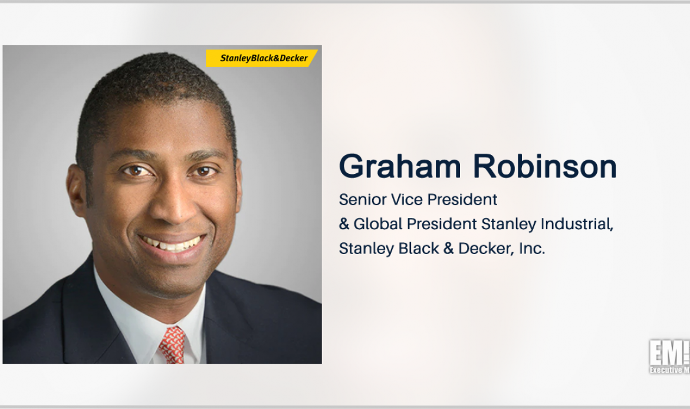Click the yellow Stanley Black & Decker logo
point(262,58)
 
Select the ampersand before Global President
point(345,225)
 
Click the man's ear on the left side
point(77,192)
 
